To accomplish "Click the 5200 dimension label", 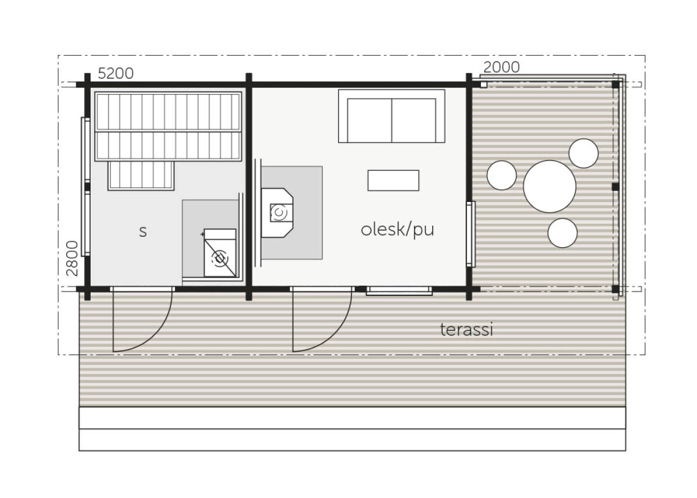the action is tap(116, 74).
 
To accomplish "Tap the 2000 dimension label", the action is tap(502, 67).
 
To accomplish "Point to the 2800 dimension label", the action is tap(72, 259).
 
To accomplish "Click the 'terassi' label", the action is tap(467, 330).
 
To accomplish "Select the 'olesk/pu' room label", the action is tap(397, 230).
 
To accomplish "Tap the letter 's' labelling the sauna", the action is tap(143, 232).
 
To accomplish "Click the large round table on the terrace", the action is tap(550, 186).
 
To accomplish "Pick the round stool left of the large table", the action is tap(502, 175).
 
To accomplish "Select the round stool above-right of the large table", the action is tap(583, 153).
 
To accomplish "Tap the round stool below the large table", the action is tap(563, 233).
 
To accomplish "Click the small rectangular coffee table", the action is tap(393, 181).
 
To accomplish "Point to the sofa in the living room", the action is tap(391, 116).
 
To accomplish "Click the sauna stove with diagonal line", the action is tap(220, 253).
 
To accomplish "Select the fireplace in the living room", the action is tap(277, 213).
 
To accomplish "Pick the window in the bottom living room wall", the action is tap(399, 291).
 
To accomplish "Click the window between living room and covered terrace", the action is tap(470, 234).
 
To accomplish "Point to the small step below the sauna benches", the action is tap(141, 176).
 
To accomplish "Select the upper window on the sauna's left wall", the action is tap(85, 150).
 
